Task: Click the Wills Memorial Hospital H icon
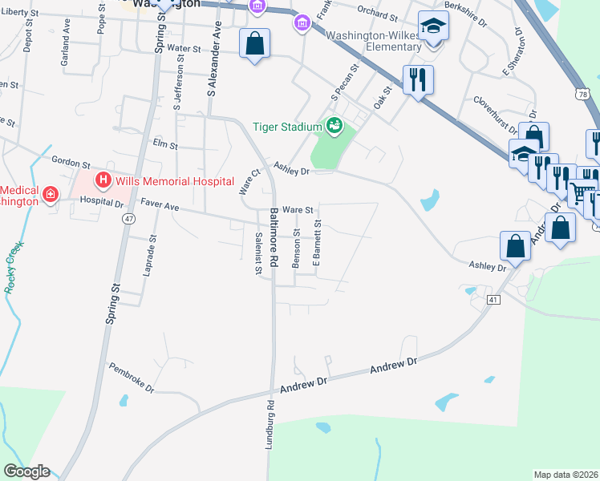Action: (103, 180)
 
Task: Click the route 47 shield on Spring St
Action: (128, 218)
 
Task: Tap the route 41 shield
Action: (493, 299)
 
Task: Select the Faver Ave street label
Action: (160, 206)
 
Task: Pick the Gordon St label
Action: (69, 163)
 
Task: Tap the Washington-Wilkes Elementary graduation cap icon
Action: (434, 29)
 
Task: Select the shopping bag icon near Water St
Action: (254, 44)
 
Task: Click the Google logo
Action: (26, 471)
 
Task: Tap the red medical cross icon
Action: (51, 194)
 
